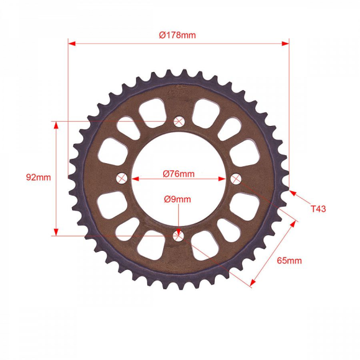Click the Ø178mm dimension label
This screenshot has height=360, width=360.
pyautogui.click(x=178, y=35)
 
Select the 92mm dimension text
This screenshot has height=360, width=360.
pyautogui.click(x=38, y=178)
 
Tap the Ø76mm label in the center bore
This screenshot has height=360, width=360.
pyautogui.click(x=179, y=174)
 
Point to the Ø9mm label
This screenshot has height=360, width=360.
pyautogui.click(x=178, y=199)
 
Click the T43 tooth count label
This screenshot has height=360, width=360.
pyautogui.click(x=318, y=209)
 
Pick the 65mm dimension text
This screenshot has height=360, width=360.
pyautogui.click(x=290, y=261)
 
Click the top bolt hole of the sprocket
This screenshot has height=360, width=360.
pyautogui.click(x=179, y=121)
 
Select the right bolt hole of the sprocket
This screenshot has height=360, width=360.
pyautogui.click(x=236, y=179)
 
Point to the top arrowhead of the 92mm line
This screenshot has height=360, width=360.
pyautogui.click(x=56, y=125)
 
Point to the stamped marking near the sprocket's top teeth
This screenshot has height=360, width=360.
pyautogui.click(x=176, y=89)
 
